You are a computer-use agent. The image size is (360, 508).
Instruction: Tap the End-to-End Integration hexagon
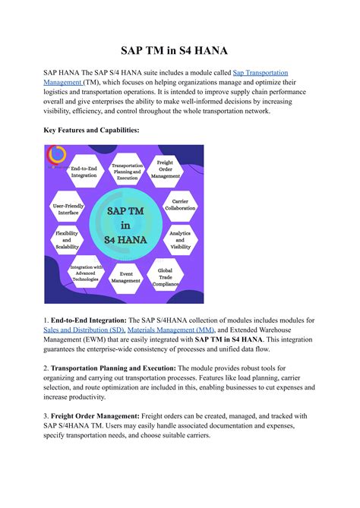tap(84, 172)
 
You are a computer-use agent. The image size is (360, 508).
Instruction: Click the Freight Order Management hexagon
tap(165, 169)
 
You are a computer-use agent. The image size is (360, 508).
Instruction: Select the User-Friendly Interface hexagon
tap(67, 208)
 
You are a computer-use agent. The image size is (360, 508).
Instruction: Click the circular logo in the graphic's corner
tap(55, 154)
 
